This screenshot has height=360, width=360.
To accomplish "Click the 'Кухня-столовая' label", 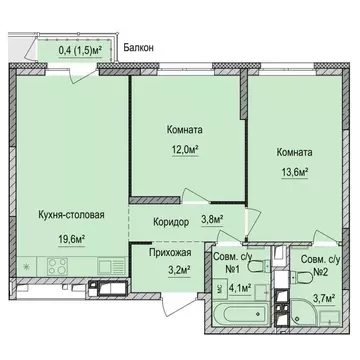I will point(70,213).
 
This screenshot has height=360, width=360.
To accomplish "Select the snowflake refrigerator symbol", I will point(25,268).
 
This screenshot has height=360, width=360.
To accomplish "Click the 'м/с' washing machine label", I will point(217,286).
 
